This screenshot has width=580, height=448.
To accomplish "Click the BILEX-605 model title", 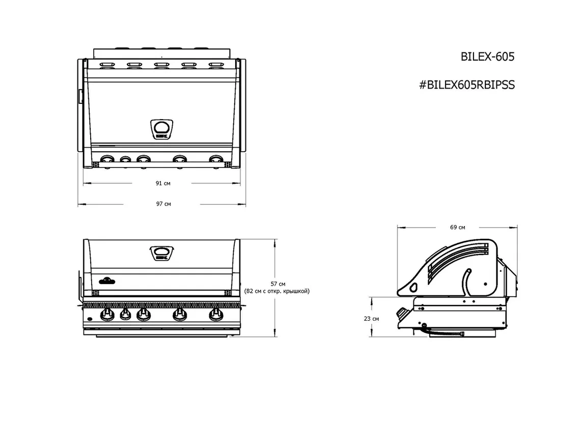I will [x=487, y=57].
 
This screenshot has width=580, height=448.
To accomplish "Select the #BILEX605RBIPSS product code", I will [x=466, y=85].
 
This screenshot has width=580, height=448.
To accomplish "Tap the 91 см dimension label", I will [x=163, y=183].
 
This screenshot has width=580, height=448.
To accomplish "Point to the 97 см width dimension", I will [x=163, y=204].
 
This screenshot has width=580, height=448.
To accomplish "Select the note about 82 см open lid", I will [x=277, y=291].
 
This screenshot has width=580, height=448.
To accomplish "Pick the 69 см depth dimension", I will [x=457, y=227].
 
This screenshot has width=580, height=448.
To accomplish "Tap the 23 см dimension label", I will [x=371, y=319].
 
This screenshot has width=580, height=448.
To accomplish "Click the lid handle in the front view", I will [x=162, y=254].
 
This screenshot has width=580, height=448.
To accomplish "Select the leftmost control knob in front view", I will [x=107, y=315].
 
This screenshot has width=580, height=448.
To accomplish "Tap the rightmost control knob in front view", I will [x=216, y=315].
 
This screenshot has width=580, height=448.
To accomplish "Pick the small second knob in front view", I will [x=125, y=316].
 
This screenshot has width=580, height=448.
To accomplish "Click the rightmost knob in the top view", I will [x=216, y=160].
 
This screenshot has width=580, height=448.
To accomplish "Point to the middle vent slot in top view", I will [x=162, y=65].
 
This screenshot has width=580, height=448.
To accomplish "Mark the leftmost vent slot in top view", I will [x=107, y=65].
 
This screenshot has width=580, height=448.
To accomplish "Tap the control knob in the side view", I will [x=402, y=312].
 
